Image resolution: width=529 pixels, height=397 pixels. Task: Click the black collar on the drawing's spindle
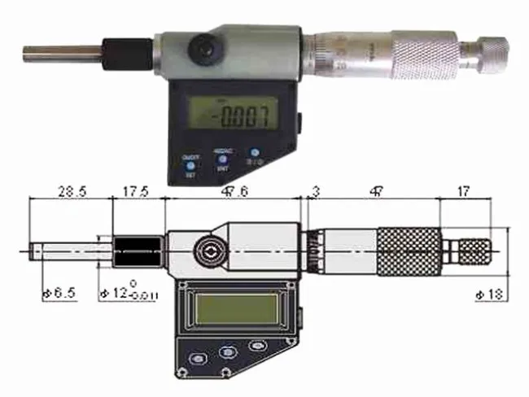pyautogui.click(x=138, y=247)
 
